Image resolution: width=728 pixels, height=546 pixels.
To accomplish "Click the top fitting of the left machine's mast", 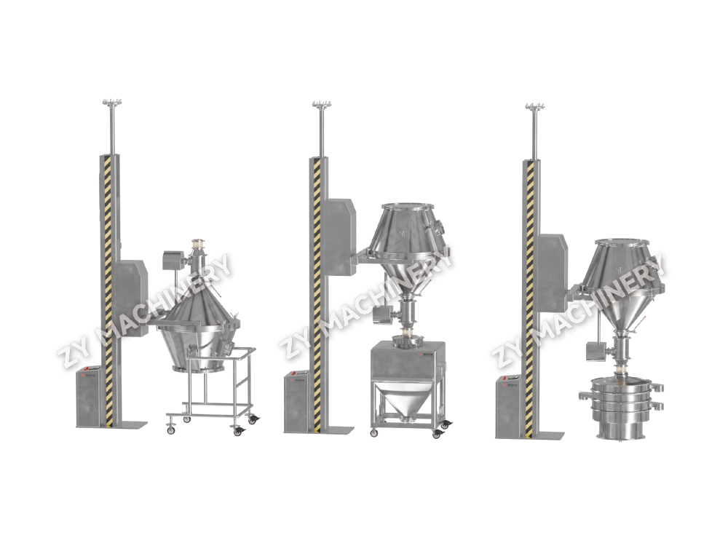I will pyautogui.click(x=111, y=104).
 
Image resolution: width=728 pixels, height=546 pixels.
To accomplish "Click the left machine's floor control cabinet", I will pyautogui.click(x=90, y=396).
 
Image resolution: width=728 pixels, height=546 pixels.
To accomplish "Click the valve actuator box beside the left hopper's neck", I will pyautogui.click(x=173, y=259).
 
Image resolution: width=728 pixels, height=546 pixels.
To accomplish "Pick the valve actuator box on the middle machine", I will pyautogui.click(x=380, y=314).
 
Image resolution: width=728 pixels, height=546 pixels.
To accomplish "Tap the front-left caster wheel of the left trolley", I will pyautogui.click(x=171, y=430).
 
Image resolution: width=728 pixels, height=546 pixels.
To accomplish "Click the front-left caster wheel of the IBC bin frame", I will pyautogui.click(x=373, y=433).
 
